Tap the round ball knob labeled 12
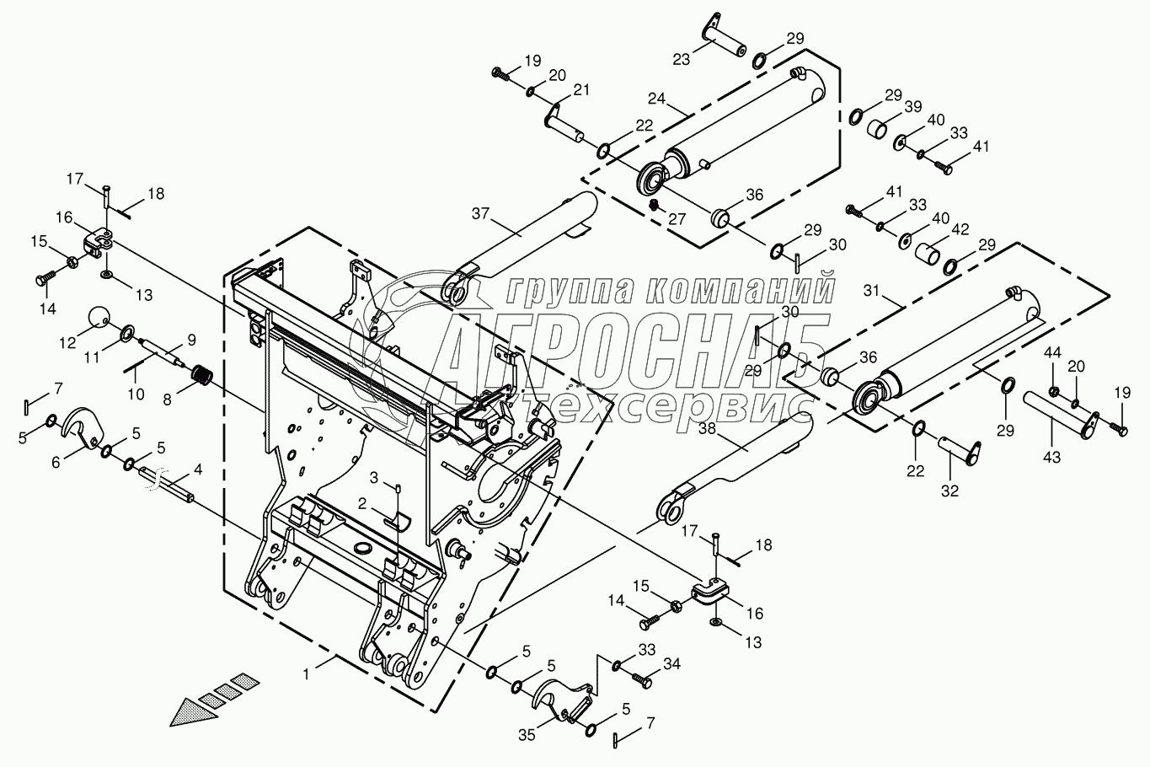pos(99,318)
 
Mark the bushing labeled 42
pos(928,254)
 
